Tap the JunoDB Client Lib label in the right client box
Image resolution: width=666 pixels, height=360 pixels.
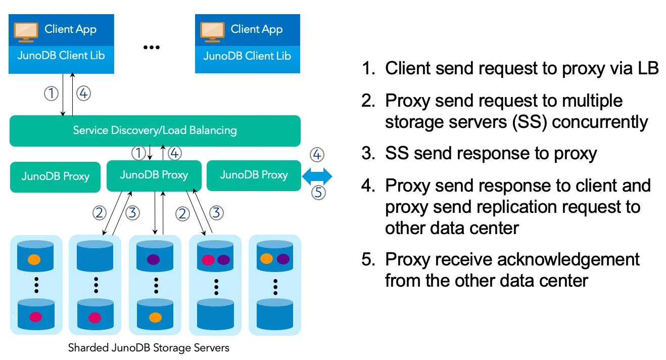[247, 56]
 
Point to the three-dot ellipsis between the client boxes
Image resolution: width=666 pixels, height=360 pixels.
[152, 47]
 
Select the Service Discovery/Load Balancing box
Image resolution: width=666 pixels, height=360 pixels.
[155, 130]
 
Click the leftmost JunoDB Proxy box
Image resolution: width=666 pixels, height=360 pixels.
[55, 177]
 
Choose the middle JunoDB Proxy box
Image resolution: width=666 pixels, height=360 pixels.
[154, 175]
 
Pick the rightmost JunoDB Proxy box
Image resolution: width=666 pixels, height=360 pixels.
[254, 175]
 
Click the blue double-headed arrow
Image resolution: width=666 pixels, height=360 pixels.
[317, 176]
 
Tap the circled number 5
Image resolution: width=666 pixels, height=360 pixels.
[318, 193]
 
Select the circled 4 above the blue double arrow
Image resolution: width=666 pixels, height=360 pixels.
[317, 155]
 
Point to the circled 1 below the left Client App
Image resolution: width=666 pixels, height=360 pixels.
[51, 94]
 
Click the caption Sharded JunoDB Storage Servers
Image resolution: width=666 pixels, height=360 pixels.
[149, 348]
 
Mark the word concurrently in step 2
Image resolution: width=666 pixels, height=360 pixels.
[600, 122]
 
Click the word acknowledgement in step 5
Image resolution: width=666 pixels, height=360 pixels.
[568, 259]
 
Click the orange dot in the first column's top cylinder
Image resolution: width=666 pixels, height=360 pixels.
[34, 259]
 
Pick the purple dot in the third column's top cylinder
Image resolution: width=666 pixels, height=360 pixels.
[154, 259]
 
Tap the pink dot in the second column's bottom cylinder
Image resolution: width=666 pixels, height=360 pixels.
[95, 318]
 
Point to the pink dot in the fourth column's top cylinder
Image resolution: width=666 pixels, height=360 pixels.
[208, 260]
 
